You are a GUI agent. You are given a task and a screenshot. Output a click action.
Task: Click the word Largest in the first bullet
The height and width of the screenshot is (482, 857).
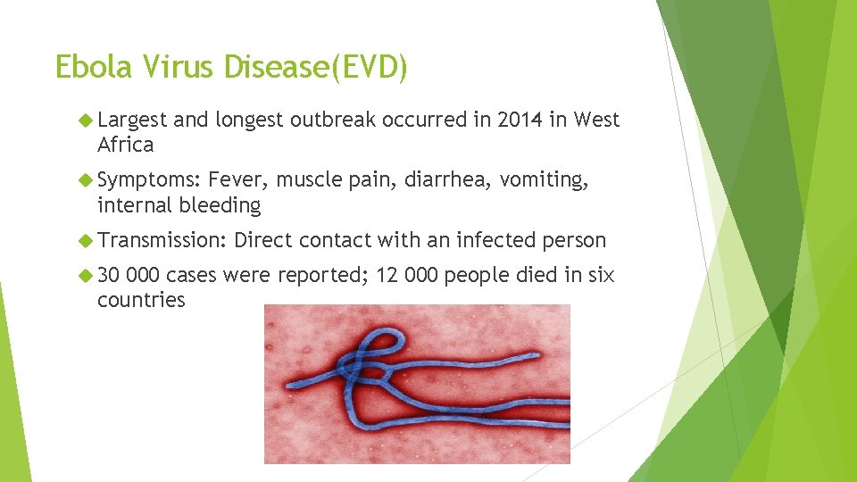point(133,120)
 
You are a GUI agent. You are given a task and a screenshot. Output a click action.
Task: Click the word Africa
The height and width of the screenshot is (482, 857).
point(126,145)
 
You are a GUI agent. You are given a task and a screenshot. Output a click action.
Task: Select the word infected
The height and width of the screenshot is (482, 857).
point(495,240)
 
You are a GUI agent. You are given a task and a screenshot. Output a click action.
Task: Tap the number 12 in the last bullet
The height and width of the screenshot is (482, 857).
point(387,276)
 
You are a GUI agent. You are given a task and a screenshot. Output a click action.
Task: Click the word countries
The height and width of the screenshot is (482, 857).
point(141,300)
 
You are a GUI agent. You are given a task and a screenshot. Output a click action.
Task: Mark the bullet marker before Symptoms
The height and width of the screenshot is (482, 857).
point(86,180)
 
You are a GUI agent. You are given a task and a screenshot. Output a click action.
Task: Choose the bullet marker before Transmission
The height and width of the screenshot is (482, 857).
point(86,240)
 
